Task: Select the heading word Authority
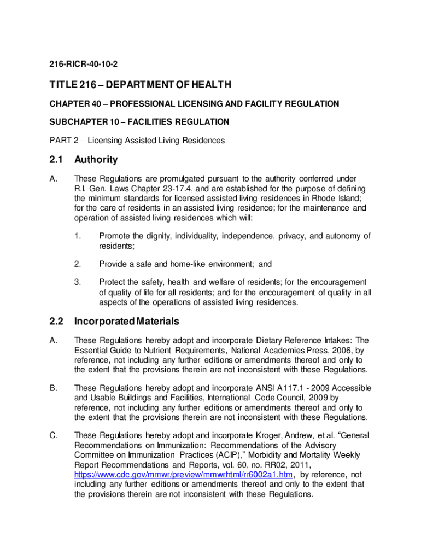coord(96,160)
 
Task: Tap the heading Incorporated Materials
coord(127,321)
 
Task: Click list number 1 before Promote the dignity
coord(78,236)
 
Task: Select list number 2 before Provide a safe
coord(78,264)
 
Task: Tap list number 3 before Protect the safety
coord(78,282)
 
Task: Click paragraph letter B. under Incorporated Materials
coord(54,388)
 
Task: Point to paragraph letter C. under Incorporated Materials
coord(54,435)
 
